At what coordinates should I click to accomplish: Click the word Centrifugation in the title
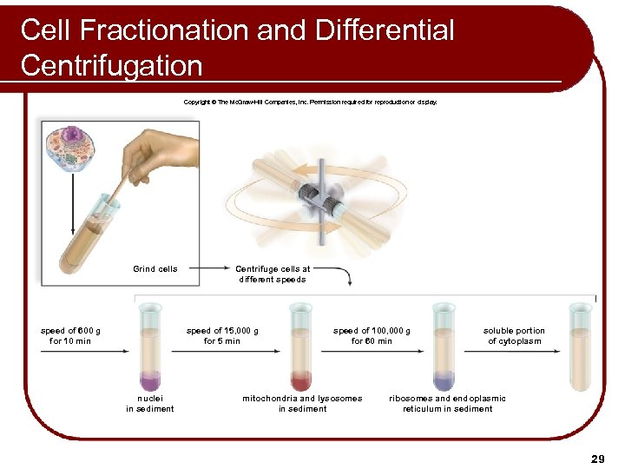(111, 65)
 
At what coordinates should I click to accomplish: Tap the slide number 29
(597, 457)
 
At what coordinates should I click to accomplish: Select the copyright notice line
(311, 102)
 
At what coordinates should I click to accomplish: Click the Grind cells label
(155, 269)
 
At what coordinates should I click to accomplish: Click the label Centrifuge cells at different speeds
(273, 274)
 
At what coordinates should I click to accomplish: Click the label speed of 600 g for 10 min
(70, 335)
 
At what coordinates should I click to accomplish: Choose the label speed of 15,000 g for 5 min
(222, 335)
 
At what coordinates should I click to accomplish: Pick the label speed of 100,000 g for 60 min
(372, 335)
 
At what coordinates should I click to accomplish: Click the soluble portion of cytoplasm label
(514, 335)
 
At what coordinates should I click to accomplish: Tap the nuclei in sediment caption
(149, 403)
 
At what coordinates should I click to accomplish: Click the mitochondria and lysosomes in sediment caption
(302, 403)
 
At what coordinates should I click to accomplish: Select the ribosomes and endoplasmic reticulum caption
(447, 403)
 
